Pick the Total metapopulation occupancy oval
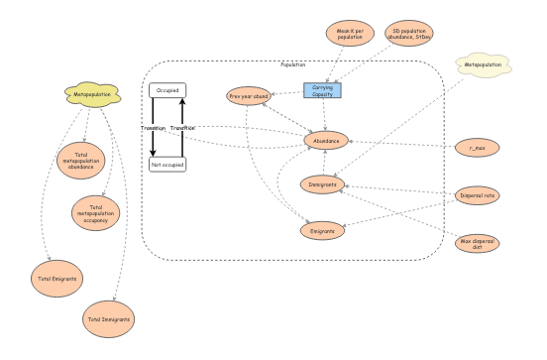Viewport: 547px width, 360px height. [x=94, y=211]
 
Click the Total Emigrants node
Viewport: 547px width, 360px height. [x=55, y=280]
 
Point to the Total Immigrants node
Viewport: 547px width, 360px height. [x=109, y=319]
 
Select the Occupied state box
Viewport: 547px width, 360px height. [x=167, y=90]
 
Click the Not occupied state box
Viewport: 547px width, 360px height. [x=167, y=164]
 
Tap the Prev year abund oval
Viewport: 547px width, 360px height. [x=249, y=96]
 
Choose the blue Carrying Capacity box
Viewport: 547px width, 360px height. [x=322, y=90]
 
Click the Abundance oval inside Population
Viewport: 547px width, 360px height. [x=326, y=141]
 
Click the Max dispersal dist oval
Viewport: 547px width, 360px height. [x=477, y=242]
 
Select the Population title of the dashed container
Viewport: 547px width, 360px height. [x=293, y=64]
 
